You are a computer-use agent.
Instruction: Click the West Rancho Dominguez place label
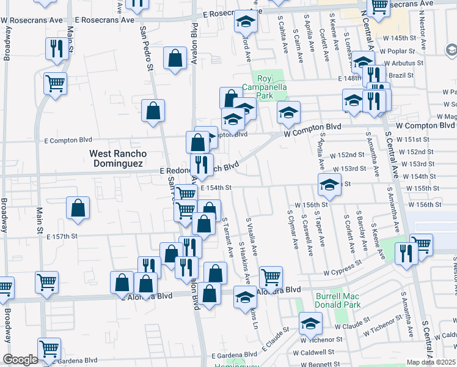(x=116, y=159)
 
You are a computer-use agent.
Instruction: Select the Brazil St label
(x=401, y=75)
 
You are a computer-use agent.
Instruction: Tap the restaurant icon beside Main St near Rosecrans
(x=56, y=48)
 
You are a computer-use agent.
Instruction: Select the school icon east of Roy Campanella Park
(x=289, y=112)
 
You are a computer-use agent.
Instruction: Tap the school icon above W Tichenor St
(x=310, y=322)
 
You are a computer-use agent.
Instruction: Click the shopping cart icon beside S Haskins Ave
(x=271, y=277)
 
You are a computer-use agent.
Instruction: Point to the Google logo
(x=20, y=360)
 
